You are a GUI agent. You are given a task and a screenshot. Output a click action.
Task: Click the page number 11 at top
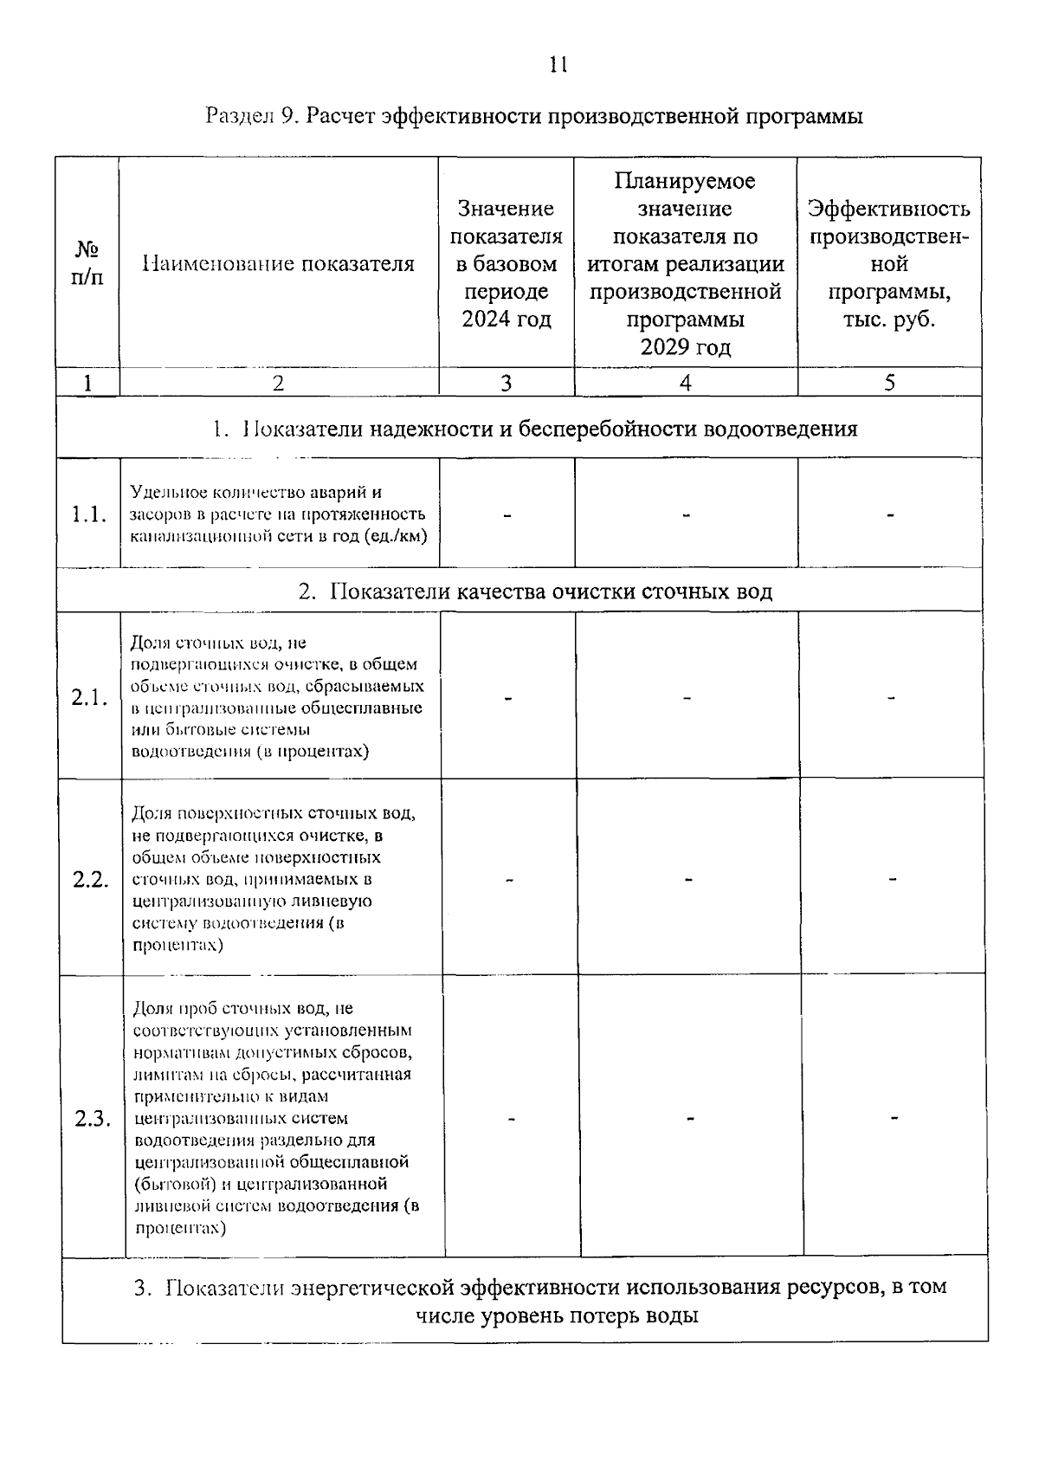(558, 65)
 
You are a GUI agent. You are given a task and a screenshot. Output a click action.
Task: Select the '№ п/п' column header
(87, 264)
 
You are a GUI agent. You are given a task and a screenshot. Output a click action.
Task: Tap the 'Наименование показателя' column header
(278, 264)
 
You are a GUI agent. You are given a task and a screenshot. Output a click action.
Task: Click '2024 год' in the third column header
(507, 320)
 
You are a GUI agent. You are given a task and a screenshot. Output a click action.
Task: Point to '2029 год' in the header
(685, 347)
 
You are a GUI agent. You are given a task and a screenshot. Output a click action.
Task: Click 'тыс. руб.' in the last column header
(889, 320)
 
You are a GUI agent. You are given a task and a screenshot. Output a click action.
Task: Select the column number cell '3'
(507, 383)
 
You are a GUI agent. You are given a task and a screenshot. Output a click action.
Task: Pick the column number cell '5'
(889, 383)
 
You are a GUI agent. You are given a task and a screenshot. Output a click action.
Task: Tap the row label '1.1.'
(89, 514)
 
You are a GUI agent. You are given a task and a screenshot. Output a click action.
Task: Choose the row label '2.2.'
(91, 880)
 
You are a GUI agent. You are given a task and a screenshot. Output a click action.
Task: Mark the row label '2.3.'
(93, 1119)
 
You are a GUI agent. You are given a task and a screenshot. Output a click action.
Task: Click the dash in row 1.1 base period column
(507, 515)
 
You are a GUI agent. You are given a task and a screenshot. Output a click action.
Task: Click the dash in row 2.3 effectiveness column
(894, 1119)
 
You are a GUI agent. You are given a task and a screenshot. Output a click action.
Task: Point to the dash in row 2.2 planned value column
(688, 880)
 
